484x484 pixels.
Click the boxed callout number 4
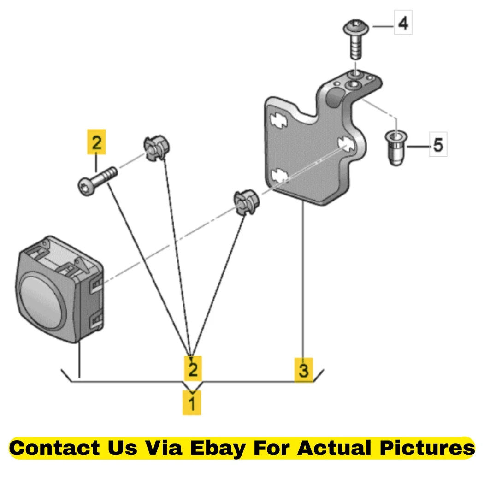[403, 23]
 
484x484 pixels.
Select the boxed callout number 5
[438, 144]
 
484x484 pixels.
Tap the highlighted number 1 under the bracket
[192, 403]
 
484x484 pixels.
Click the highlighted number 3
[304, 370]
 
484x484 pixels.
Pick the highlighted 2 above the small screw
[97, 142]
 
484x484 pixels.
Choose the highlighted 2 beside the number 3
[193, 369]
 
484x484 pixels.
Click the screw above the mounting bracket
[356, 39]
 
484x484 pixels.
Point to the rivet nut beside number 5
[396, 148]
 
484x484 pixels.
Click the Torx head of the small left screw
[86, 186]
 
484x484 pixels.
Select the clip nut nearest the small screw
[157, 147]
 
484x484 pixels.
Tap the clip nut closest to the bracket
[246, 202]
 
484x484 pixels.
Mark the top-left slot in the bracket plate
[278, 120]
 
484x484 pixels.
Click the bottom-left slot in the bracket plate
[279, 176]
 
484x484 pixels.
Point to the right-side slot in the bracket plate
[346, 143]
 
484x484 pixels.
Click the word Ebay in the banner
[218, 448]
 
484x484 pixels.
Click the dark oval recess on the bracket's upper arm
[335, 98]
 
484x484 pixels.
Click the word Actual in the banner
[334, 448]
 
